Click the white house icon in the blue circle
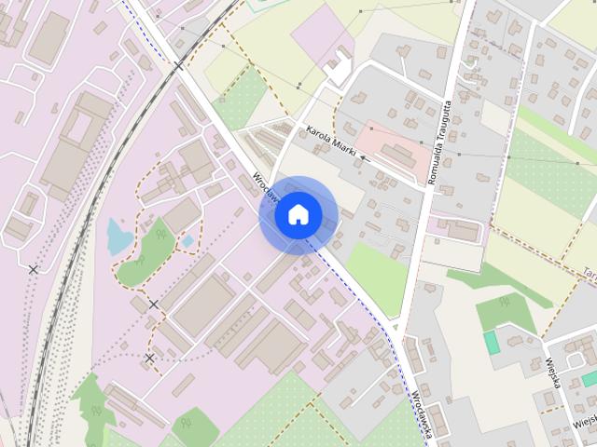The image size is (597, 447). click(x=298, y=214)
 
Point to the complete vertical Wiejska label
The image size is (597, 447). click(x=553, y=372)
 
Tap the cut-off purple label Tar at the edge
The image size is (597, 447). click(x=590, y=273)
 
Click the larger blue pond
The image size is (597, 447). click(x=118, y=236)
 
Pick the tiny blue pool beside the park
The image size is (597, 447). click(x=187, y=240)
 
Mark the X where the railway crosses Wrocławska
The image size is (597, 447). click(x=177, y=65)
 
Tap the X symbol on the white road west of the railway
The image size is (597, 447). click(x=34, y=269)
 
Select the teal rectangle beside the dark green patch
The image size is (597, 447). click(x=492, y=342)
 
